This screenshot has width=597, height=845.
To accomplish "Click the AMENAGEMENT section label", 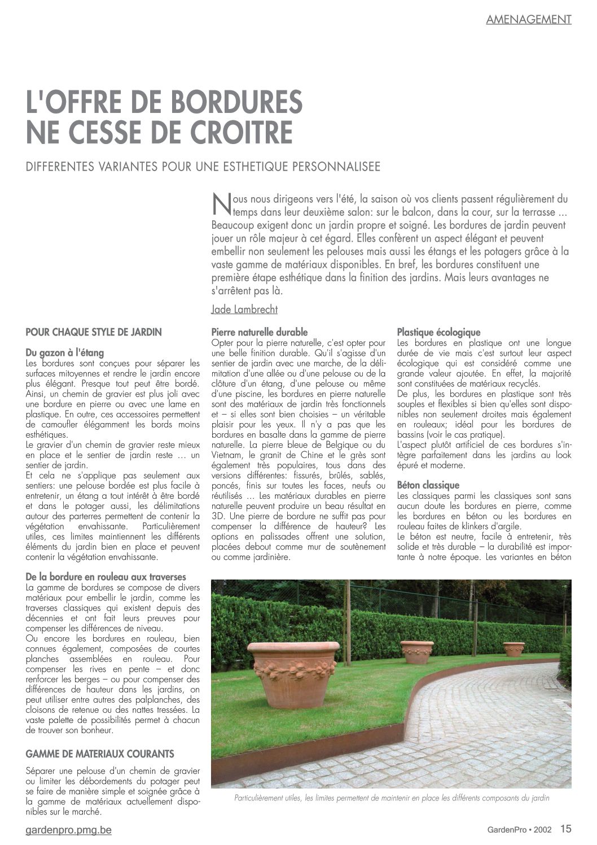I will coord(528,19).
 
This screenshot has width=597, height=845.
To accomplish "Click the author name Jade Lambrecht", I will coord(244,310).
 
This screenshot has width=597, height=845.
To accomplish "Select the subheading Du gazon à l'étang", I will coord(65,353).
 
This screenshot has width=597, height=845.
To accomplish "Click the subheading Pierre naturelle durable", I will coord(259,332).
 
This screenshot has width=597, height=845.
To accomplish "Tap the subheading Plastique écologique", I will coord(438,332).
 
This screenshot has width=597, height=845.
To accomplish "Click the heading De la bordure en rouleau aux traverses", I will coord(106,577).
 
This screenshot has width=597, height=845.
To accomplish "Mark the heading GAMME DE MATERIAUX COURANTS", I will coord(100,754).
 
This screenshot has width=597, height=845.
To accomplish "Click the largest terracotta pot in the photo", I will coord(293,672).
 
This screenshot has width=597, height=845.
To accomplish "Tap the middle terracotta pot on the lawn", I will coord(417,651).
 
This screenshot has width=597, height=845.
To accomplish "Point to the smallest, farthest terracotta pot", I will coord(513,648).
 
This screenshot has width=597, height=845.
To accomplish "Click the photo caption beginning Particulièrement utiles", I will coord(391,798).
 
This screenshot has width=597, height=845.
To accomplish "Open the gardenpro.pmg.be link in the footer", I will coord(69,831).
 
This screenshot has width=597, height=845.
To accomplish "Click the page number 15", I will coord(566,829).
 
